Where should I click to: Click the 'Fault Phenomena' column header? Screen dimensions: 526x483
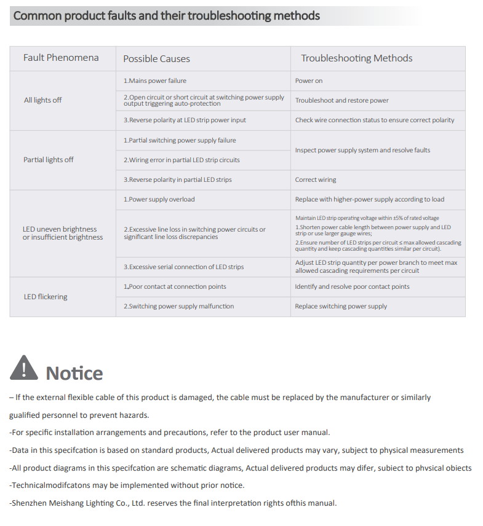pyautogui.click(x=61, y=58)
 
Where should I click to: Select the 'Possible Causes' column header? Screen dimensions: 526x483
pyautogui.click(x=156, y=59)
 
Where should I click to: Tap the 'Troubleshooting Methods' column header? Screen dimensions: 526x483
pyautogui.click(x=356, y=58)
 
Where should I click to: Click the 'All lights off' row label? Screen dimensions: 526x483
pyautogui.click(x=43, y=100)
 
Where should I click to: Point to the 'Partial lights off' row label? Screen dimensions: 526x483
pyautogui.click(x=49, y=160)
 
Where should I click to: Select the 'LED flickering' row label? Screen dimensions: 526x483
pyautogui.click(x=46, y=297)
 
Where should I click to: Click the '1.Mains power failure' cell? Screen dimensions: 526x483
pyautogui.click(x=155, y=80)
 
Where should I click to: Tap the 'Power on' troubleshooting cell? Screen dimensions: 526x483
pyautogui.click(x=309, y=80)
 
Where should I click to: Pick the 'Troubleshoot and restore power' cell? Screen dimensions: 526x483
pyautogui.click(x=341, y=100)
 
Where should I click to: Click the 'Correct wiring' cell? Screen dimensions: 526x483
pyautogui.click(x=316, y=180)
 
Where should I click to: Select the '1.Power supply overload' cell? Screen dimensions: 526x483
pyautogui.click(x=159, y=200)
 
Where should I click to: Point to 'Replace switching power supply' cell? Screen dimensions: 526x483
pyautogui.click(x=341, y=306)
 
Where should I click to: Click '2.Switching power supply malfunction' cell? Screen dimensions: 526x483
pyautogui.click(x=178, y=306)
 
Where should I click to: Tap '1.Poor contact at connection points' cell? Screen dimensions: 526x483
pyautogui.click(x=175, y=286)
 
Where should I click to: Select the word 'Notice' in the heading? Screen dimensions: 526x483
pyautogui.click(x=74, y=373)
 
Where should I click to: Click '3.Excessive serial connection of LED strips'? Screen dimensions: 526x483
pyautogui.click(x=183, y=267)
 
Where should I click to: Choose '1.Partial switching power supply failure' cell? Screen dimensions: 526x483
pyautogui.click(x=180, y=140)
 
